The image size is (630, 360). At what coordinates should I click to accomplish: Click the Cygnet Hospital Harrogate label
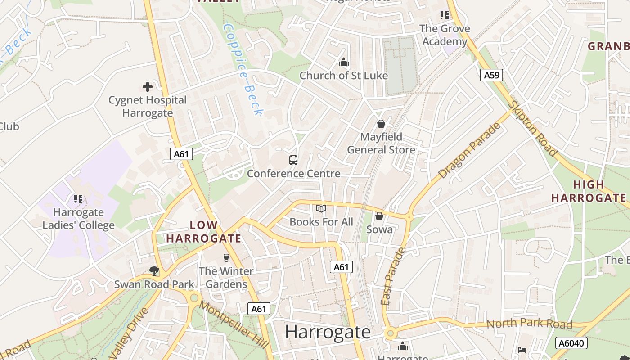coord(147,106)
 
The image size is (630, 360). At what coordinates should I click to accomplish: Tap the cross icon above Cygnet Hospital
coord(147,87)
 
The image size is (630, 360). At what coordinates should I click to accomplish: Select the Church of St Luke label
coord(343,76)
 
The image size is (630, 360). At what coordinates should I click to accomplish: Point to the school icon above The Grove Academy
coord(445,15)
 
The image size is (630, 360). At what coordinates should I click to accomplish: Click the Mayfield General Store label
coord(381,143)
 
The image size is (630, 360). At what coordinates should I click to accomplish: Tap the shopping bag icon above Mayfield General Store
coord(381,124)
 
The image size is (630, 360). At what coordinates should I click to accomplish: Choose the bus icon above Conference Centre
coord(293,160)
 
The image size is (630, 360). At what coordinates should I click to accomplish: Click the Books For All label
coord(321,222)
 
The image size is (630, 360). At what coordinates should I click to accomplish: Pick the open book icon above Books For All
coord(321,209)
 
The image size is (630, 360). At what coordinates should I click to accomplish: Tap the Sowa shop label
coord(379,229)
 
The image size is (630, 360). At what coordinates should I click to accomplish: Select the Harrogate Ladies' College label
coord(78,219)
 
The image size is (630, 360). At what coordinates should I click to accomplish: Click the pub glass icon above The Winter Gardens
coord(226,258)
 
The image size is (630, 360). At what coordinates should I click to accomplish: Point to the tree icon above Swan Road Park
coord(154,270)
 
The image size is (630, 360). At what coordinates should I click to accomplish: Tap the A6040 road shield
coord(571,343)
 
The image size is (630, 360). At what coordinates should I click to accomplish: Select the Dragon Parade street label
coord(470,150)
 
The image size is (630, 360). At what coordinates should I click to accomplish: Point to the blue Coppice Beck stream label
coord(243,69)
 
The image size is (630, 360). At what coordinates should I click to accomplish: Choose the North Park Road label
coord(529,324)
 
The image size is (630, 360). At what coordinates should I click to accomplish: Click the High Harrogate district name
coord(588,191)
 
